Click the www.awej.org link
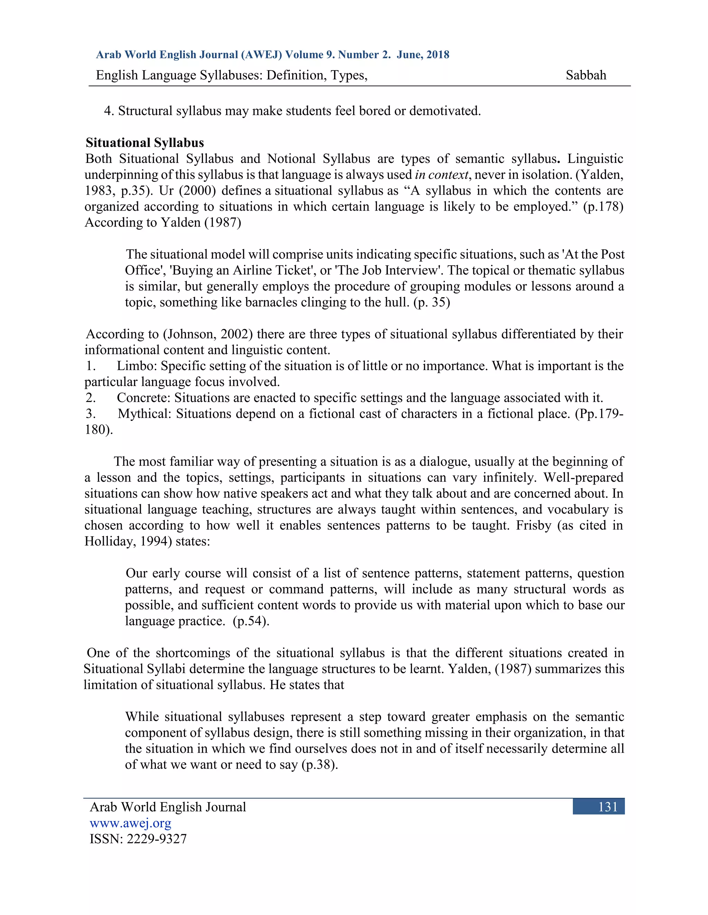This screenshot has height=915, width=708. tap(130, 823)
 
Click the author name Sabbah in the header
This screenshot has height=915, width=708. tap(586, 75)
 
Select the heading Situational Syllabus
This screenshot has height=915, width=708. tap(145, 143)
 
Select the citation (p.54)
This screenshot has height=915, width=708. tap(251, 621)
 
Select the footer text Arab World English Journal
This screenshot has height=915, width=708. tap(168, 807)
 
